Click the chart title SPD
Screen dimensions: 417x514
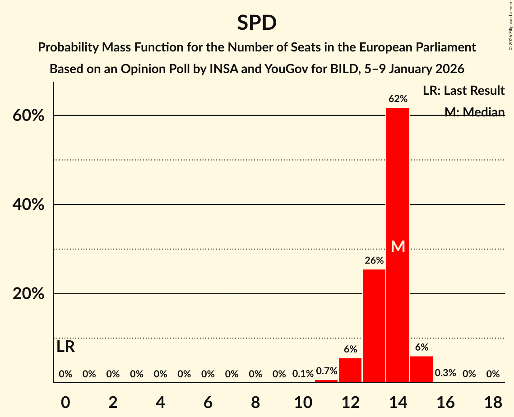click(x=257, y=23)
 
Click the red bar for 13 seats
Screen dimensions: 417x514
click(x=374, y=325)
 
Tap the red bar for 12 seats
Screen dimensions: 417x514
click(x=350, y=370)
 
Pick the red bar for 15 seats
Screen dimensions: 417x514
click(x=421, y=369)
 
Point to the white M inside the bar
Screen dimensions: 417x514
click(x=398, y=246)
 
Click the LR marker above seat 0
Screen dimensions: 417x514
click(x=65, y=347)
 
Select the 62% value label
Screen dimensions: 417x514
click(x=398, y=99)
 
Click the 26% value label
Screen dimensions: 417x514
click(x=374, y=260)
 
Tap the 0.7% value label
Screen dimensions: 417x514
click(x=326, y=371)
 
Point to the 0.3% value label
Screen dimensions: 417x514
click(x=445, y=373)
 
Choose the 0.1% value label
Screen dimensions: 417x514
click(x=303, y=374)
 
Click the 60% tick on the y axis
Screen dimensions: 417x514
click(x=28, y=116)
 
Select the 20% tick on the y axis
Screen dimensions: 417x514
click(x=28, y=294)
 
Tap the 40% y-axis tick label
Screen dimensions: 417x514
click(x=28, y=205)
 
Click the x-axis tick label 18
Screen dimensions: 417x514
click(x=493, y=402)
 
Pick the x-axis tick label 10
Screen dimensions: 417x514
click(x=303, y=402)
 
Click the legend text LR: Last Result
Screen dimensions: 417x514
click(x=463, y=91)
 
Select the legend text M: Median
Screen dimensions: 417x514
click(x=474, y=112)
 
